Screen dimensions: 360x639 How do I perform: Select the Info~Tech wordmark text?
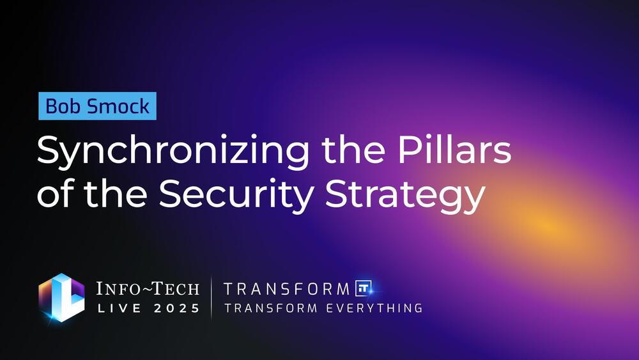148,288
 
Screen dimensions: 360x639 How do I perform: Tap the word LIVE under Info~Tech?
118,308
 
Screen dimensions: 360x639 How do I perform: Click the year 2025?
174,308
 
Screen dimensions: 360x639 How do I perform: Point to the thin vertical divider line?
212,297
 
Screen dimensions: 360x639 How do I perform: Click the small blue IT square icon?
364,288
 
